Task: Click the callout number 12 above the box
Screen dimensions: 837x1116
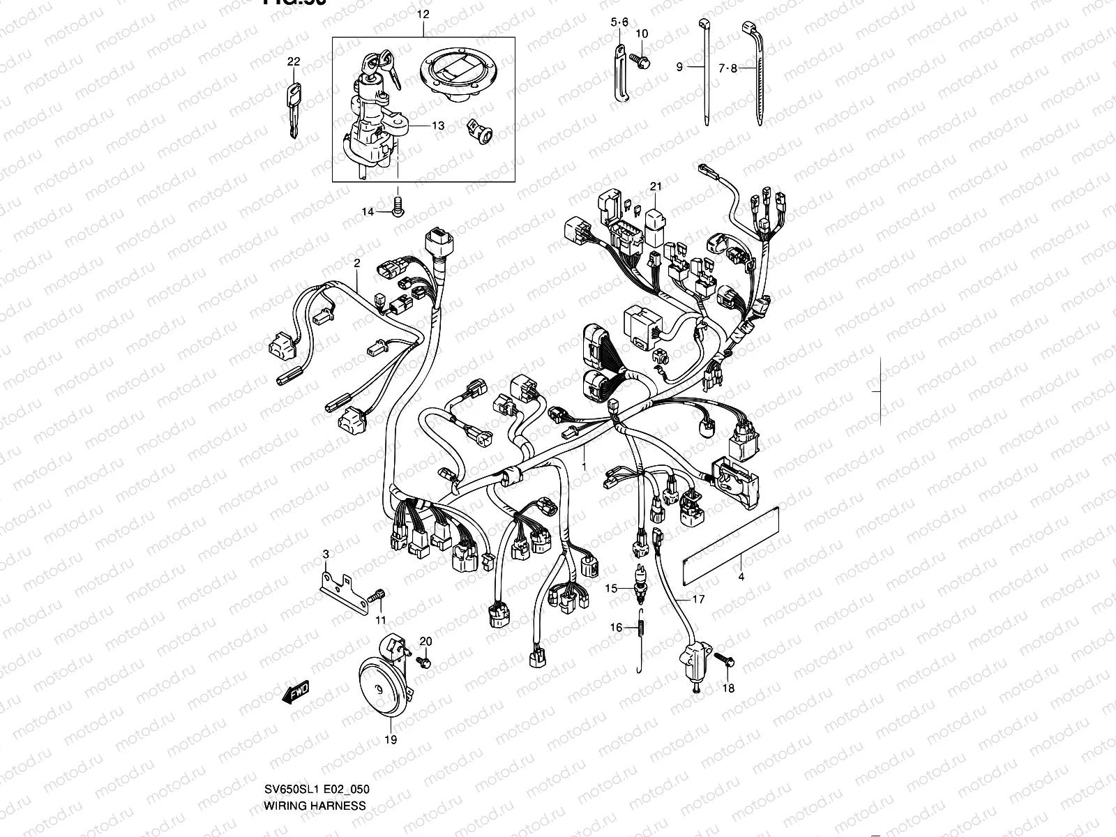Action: click(x=423, y=14)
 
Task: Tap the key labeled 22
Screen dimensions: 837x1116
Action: click(x=294, y=105)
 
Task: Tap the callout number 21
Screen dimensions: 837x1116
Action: click(x=655, y=186)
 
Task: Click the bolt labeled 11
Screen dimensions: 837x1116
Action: click(x=378, y=596)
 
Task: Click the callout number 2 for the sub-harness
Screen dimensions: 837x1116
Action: click(x=356, y=264)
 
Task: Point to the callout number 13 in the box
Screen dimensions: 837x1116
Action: click(x=457, y=126)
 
